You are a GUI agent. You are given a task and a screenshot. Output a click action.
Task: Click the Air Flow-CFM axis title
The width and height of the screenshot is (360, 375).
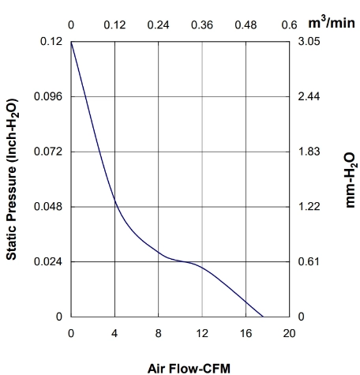coord(189,369)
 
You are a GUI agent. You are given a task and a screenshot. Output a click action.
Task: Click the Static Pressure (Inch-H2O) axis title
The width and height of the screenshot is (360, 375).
coord(12,179)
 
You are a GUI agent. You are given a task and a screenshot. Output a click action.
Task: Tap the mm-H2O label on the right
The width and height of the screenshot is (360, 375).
coord(351,181)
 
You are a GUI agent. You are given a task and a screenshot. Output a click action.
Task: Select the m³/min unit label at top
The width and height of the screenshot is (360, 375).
coord(332,23)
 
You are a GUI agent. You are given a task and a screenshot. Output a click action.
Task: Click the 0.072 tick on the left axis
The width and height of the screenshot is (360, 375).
coord(48,152)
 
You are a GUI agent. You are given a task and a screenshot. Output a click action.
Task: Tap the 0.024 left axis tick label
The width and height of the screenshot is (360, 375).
coord(48,261)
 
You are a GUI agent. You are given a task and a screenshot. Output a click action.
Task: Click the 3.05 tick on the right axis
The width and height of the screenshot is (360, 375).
coord(309,41)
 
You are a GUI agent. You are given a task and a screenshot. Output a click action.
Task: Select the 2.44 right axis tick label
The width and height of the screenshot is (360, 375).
coord(309,96)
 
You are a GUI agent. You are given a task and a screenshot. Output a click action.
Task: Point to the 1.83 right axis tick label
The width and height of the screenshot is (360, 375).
coord(309,152)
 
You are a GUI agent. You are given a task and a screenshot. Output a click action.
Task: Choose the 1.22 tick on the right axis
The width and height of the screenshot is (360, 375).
coord(309,207)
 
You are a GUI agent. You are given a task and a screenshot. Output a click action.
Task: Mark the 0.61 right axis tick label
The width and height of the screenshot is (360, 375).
coord(309,261)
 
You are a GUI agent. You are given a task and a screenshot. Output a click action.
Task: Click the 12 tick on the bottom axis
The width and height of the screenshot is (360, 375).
coord(202,333)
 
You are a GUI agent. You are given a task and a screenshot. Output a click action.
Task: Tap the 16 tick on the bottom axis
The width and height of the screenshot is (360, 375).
coord(246,333)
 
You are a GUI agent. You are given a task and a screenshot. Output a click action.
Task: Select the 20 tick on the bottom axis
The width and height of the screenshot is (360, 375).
coord(290,333)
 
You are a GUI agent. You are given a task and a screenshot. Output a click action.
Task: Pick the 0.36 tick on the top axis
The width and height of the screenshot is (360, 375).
coord(202,25)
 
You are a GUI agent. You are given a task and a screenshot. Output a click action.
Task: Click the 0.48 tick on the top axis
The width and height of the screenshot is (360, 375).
coord(246,25)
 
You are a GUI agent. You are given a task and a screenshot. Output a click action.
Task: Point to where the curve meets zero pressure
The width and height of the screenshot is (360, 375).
coord(263,317)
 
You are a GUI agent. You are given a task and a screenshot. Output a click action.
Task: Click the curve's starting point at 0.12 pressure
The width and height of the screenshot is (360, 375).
coord(71,42)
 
